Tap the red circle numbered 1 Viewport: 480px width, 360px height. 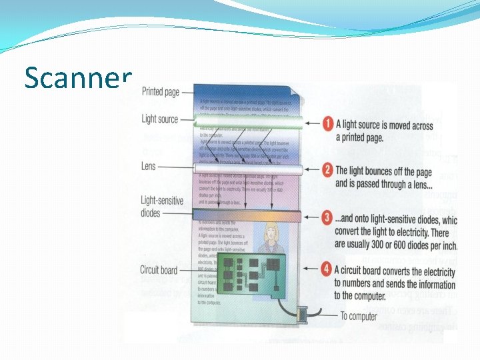click(327, 124)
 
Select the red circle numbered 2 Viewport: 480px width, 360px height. click(327, 170)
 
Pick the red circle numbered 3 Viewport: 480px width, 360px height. click(327, 217)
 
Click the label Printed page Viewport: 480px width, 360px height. click(160, 91)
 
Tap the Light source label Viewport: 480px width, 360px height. click(160, 119)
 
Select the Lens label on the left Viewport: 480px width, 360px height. click(148, 166)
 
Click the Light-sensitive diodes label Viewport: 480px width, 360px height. click(158, 207)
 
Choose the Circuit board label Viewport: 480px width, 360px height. click(159, 270)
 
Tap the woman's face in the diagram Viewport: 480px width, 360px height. click(271, 233)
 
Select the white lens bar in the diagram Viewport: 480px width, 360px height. click(247, 169)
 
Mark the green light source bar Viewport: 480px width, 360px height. click(247, 121)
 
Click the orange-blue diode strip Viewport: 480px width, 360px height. click(247, 215)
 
